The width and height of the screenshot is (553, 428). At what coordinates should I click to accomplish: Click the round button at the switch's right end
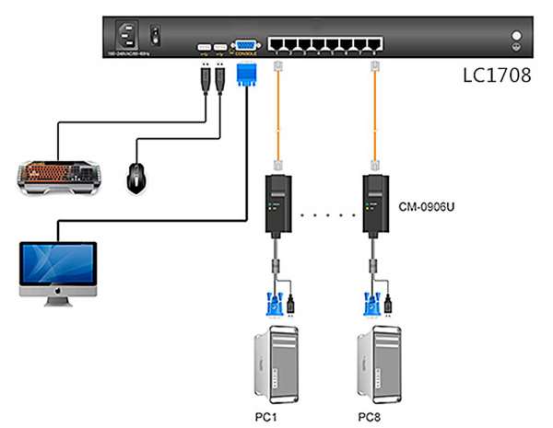(x=517, y=39)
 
